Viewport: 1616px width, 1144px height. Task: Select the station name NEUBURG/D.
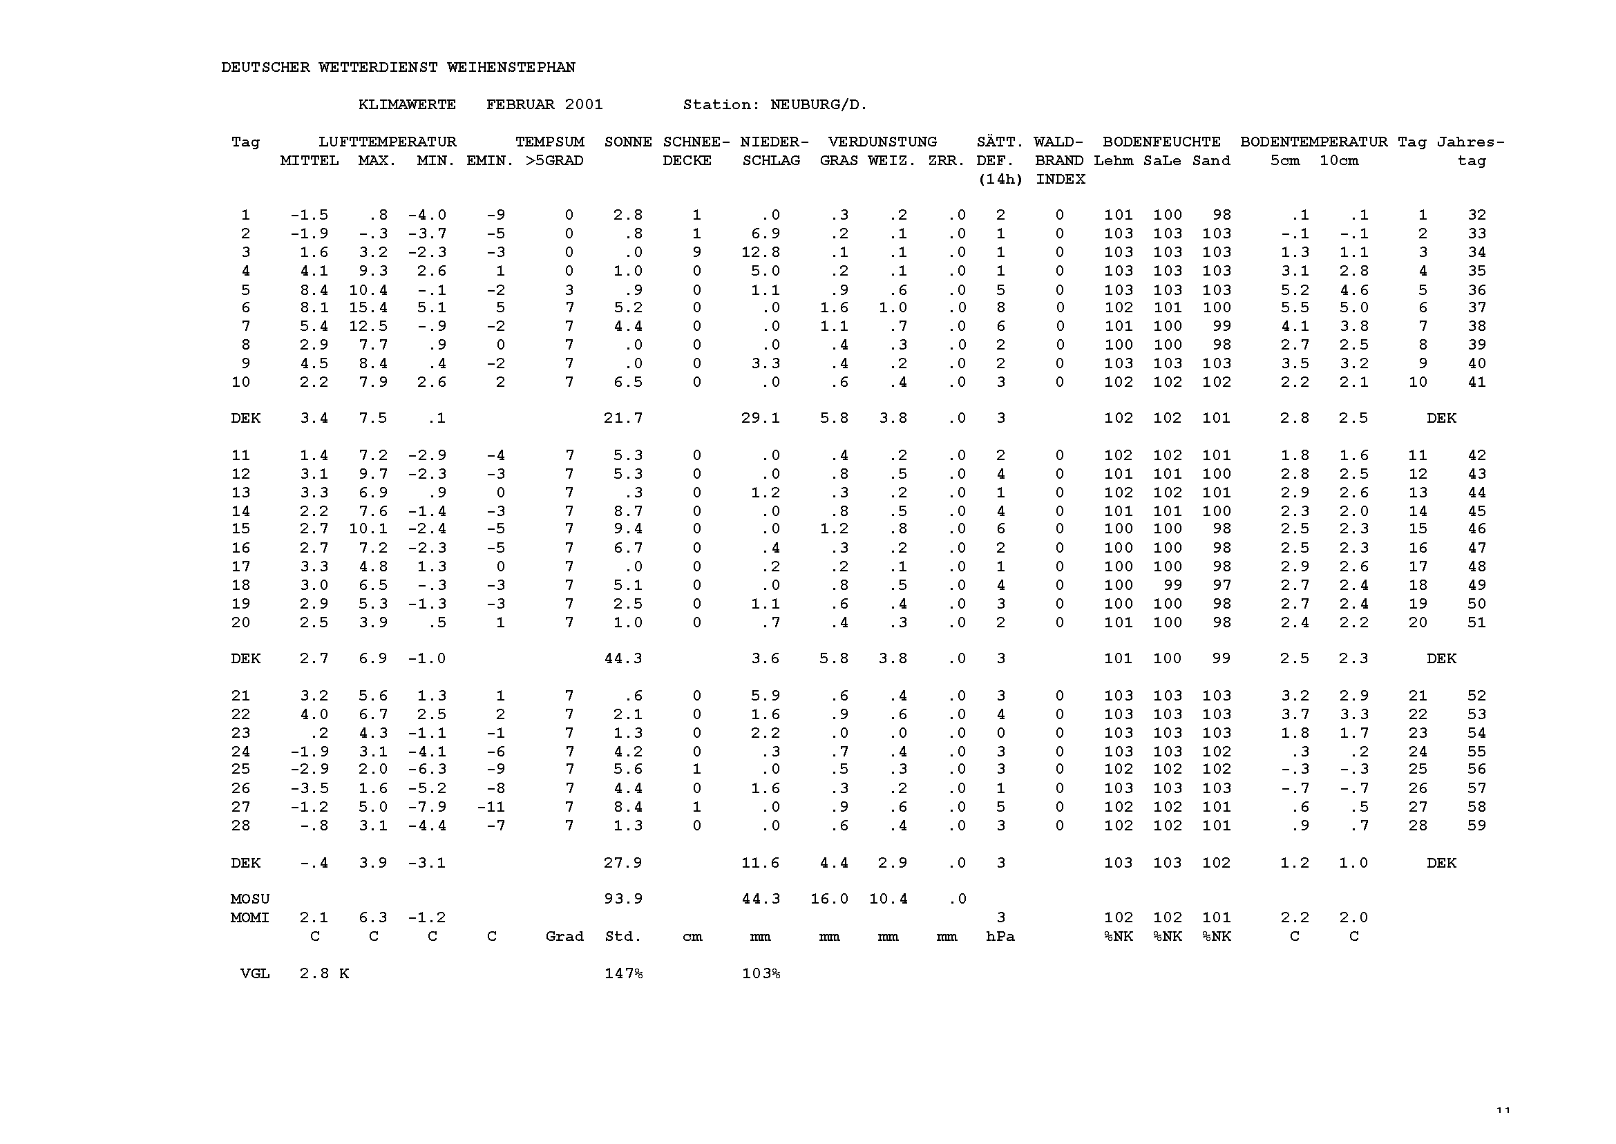click(819, 105)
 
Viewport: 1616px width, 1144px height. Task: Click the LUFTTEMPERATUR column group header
click(387, 142)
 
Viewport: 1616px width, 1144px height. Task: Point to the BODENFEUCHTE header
click(1161, 142)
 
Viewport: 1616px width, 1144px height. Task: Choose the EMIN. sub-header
click(491, 160)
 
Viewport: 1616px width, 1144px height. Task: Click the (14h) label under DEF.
click(1000, 180)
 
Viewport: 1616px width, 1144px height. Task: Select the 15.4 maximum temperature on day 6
click(368, 308)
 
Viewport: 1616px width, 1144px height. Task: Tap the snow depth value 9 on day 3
click(696, 252)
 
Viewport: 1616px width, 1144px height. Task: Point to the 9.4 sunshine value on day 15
click(627, 529)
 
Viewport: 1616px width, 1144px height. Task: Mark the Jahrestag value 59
click(1476, 826)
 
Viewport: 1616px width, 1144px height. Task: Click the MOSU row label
click(250, 899)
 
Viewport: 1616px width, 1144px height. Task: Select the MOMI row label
click(250, 918)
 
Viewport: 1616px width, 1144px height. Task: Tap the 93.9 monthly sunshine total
click(622, 899)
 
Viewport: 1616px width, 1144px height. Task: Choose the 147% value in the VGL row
click(622, 974)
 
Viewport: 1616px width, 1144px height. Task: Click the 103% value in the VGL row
click(760, 974)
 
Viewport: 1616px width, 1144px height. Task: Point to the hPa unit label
click(1000, 937)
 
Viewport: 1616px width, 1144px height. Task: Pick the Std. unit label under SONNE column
click(622, 937)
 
